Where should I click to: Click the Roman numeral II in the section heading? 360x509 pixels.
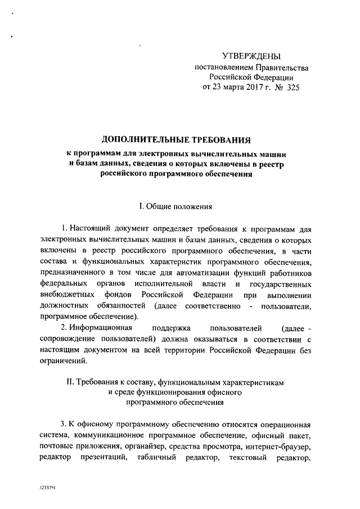pos(71,381)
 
